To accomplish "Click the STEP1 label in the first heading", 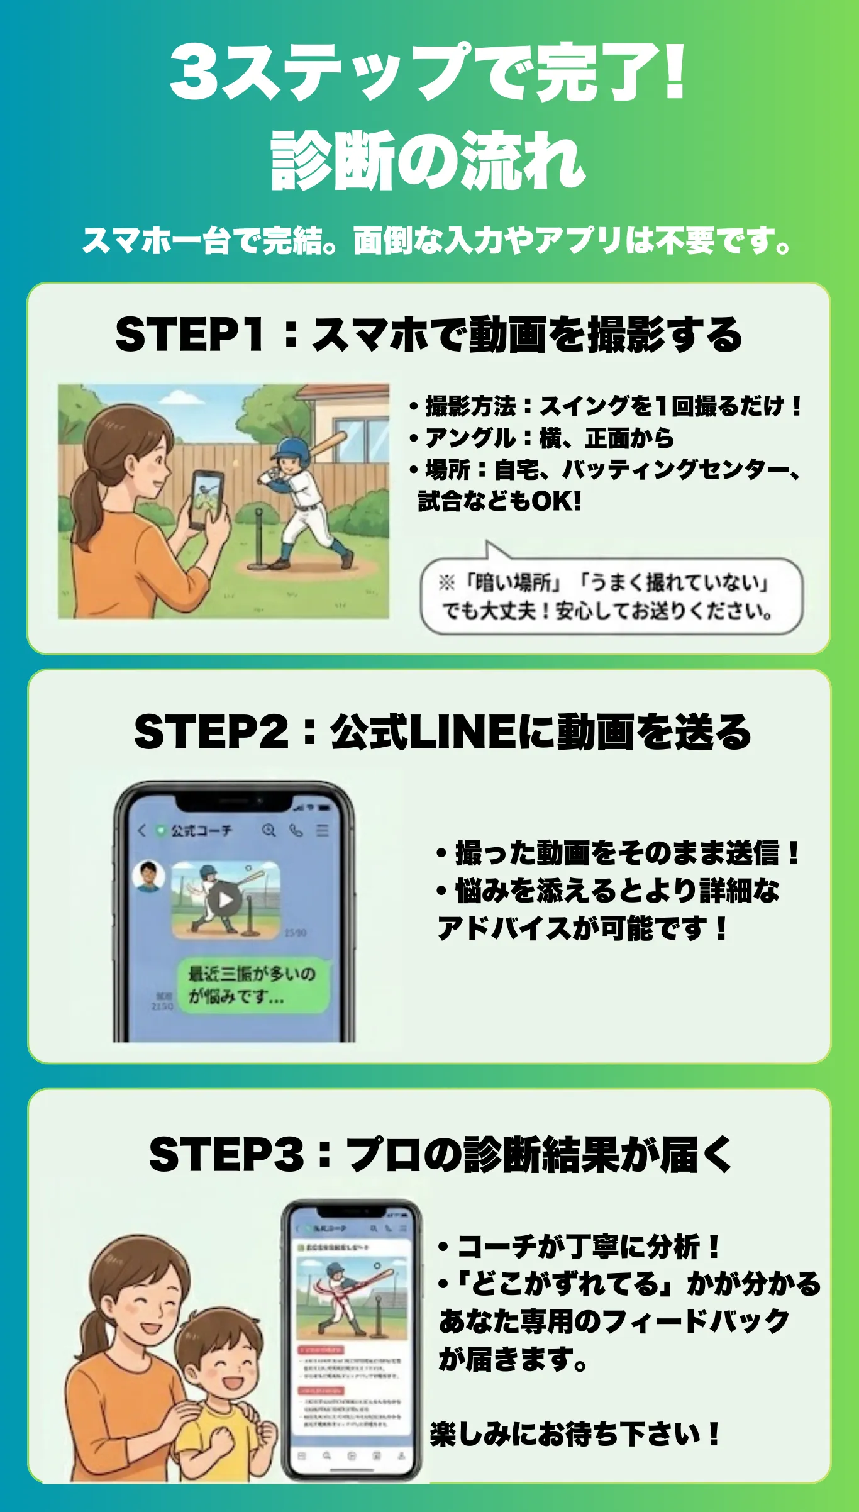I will (189, 334).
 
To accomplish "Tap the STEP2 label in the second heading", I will (211, 732).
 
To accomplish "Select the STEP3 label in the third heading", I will (226, 1154).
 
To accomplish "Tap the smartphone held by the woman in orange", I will (207, 498).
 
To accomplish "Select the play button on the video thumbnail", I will (225, 900).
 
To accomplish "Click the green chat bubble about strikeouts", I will (252, 985).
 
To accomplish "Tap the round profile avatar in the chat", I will (149, 876).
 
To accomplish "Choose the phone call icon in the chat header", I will (296, 830).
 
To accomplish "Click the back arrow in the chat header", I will (141, 830).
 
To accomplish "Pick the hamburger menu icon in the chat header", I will (323, 830).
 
